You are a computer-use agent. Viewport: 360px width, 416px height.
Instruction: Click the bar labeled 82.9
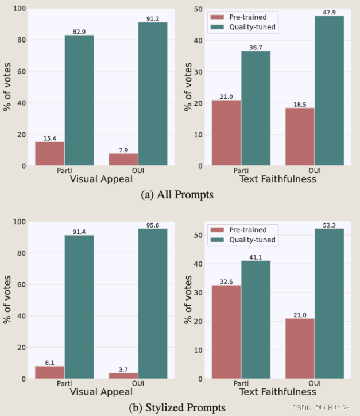click(79, 101)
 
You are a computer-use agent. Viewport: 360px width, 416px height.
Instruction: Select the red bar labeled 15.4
click(49, 153)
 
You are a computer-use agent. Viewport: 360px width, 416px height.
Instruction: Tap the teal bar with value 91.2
click(152, 94)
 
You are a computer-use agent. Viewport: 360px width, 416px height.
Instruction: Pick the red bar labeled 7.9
click(123, 160)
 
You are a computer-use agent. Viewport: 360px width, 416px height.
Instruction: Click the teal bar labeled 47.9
click(329, 91)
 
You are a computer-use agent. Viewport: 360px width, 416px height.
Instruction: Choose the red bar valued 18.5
click(300, 137)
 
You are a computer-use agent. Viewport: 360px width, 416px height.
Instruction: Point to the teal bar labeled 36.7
click(256, 109)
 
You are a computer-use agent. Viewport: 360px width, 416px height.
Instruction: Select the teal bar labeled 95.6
click(152, 303)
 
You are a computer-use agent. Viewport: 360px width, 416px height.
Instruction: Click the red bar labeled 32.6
click(226, 332)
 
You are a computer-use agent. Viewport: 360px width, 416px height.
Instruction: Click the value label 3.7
click(123, 369)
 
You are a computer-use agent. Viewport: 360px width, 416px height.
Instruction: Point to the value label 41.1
click(256, 257)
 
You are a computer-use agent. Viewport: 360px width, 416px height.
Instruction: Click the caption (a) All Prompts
click(177, 195)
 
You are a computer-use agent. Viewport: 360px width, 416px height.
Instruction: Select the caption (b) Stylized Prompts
click(177, 407)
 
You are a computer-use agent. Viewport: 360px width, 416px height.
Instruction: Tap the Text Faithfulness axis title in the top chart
click(277, 179)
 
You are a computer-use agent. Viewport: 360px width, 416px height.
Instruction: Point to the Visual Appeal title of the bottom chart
click(100, 391)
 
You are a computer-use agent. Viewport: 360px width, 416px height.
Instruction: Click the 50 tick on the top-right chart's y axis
click(198, 9)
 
